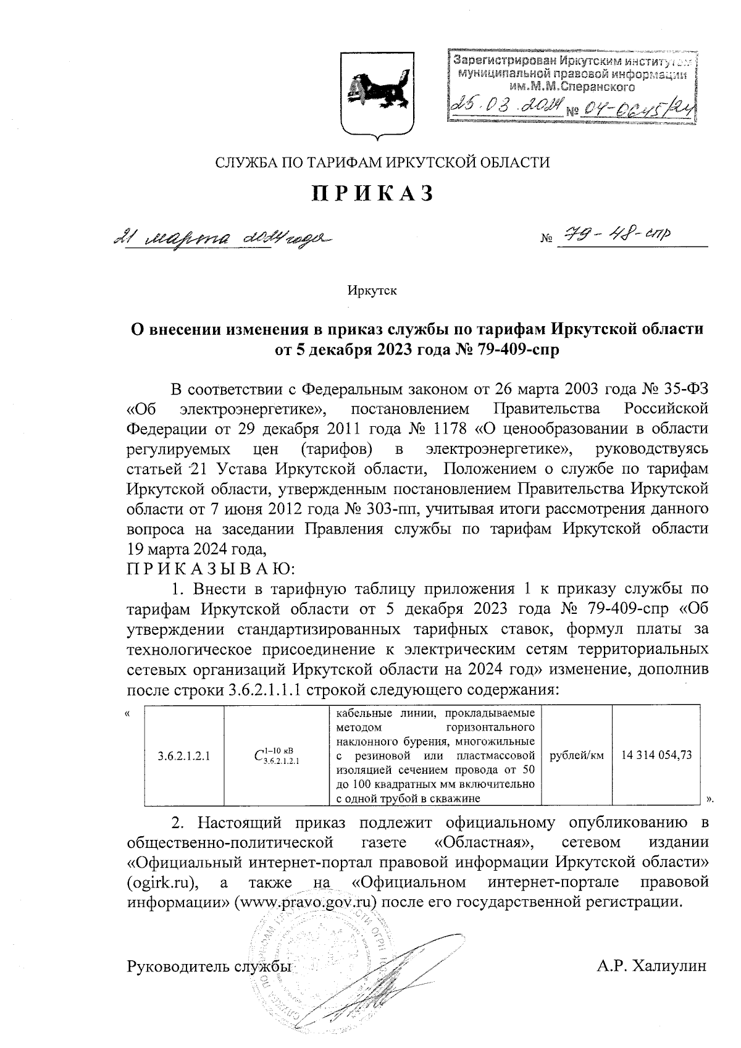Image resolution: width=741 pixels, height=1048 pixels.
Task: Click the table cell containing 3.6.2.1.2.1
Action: coord(183,756)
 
